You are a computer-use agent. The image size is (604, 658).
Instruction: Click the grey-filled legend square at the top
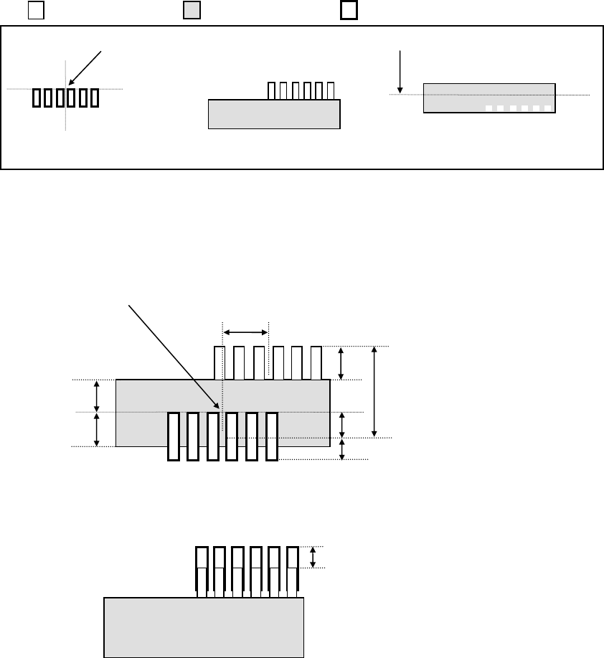tap(192, 11)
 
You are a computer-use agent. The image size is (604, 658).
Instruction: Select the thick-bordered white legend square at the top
tap(349, 11)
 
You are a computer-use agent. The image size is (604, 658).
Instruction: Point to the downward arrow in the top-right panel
tap(401, 70)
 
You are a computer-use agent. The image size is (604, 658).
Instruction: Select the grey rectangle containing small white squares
tap(489, 98)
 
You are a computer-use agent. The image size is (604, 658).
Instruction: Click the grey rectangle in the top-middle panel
tap(273, 114)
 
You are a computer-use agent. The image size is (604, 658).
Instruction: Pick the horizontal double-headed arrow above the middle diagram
tap(245, 332)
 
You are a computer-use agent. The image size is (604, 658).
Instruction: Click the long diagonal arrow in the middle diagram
tap(173, 356)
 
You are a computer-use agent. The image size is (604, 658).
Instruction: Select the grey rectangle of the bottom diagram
tap(204, 626)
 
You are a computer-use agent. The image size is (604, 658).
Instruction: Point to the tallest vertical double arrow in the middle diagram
tap(374, 392)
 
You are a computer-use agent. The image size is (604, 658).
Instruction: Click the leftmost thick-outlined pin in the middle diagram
tap(173, 436)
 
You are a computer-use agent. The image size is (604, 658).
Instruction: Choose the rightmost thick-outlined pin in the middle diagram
tap(271, 436)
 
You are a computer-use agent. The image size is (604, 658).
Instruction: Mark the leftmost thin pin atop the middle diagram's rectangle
tap(220, 363)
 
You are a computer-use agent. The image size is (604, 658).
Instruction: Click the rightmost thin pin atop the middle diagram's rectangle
tap(316, 363)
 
